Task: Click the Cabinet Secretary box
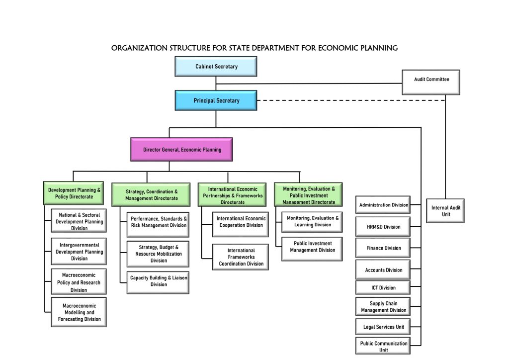(x=216, y=66)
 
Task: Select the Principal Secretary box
(x=216, y=100)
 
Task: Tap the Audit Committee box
(x=431, y=82)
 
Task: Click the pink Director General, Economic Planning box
(x=182, y=150)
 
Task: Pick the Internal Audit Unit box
(x=445, y=211)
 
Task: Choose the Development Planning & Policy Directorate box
(x=74, y=193)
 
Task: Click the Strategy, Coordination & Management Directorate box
(x=151, y=195)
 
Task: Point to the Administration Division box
(x=383, y=205)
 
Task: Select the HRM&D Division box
(x=383, y=227)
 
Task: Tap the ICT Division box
(x=383, y=287)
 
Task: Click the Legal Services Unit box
(x=383, y=327)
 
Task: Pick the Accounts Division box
(x=383, y=270)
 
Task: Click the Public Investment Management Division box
(x=312, y=247)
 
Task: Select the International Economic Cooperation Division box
(x=241, y=222)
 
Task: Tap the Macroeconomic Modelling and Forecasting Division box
(x=79, y=312)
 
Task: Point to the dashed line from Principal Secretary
(x=348, y=100)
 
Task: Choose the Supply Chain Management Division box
(x=383, y=307)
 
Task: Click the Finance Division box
(x=383, y=248)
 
